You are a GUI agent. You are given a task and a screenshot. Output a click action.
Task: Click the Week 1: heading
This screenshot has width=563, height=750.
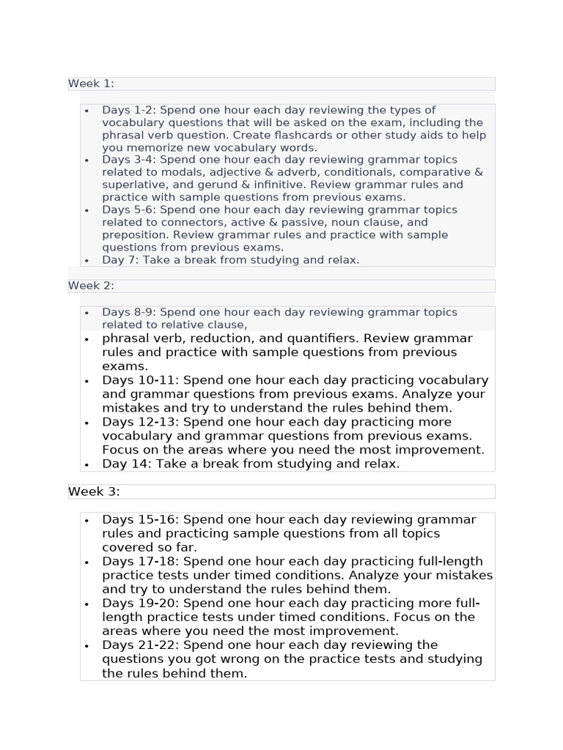[91, 83]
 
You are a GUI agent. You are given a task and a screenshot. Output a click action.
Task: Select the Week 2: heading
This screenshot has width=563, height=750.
[91, 286]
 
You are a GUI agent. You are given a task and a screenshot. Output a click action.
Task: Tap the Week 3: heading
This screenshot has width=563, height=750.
[94, 491]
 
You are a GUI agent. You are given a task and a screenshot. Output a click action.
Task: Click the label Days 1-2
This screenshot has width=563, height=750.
[128, 111]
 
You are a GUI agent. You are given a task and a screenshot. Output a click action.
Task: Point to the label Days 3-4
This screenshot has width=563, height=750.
[128, 160]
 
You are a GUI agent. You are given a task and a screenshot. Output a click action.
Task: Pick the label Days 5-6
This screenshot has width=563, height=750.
[128, 210]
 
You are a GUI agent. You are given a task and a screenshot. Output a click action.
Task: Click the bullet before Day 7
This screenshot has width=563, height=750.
[87, 261]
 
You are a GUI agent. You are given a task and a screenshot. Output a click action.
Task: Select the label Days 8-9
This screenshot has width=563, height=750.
[128, 313]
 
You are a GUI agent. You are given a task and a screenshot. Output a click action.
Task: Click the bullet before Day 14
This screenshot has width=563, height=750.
[87, 464]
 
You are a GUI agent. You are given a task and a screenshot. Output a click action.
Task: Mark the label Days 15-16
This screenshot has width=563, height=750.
[141, 520]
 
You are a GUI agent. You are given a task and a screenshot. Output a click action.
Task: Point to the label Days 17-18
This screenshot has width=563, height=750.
[141, 562]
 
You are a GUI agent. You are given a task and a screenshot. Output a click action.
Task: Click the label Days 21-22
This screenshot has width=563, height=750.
[141, 645]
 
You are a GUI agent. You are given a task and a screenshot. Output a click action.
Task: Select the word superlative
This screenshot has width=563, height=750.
[134, 185]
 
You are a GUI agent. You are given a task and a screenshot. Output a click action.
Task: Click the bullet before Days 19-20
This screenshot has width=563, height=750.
[87, 604]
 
